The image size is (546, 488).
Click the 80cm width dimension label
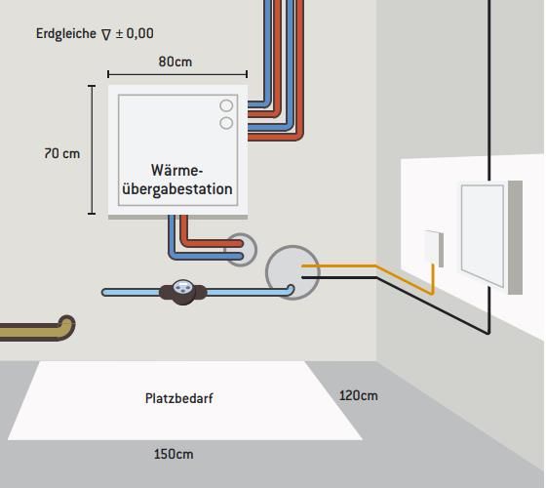(175, 61)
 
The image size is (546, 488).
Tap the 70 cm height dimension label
(62, 153)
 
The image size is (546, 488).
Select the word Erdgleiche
(66, 33)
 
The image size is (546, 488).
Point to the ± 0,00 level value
(135, 33)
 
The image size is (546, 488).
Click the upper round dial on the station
(226, 105)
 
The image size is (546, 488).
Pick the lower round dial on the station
(226, 123)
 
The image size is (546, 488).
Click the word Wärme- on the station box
(176, 171)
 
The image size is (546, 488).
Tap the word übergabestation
(177, 189)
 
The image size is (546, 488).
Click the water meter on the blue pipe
(182, 292)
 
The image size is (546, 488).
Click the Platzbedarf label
(179, 398)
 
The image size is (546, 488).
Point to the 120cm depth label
(359, 395)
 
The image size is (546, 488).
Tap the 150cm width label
(174, 454)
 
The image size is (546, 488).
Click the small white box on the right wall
(434, 248)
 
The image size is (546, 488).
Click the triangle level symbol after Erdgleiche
(106, 34)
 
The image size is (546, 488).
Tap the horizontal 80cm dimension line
(177, 74)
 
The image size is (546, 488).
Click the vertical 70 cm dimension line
(92, 149)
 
